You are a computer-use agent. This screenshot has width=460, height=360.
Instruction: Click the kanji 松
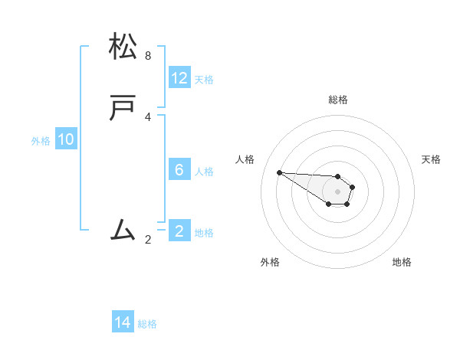click(x=123, y=47)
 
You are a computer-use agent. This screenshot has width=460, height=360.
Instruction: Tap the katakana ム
click(x=123, y=230)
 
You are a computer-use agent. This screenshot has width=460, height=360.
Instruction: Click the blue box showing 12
click(x=179, y=78)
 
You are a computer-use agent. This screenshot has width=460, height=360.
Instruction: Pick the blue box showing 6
click(x=179, y=170)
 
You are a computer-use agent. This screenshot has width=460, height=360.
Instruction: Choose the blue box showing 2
click(x=179, y=231)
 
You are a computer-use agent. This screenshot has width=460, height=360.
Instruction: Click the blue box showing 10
click(x=66, y=139)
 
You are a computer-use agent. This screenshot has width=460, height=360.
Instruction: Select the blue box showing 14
click(x=123, y=322)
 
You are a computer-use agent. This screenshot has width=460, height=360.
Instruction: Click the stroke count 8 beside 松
click(x=148, y=56)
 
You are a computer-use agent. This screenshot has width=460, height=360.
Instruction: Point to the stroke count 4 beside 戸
click(x=148, y=117)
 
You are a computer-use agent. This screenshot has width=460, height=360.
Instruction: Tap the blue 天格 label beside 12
click(x=204, y=80)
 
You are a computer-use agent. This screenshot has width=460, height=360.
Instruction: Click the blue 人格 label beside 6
click(x=204, y=172)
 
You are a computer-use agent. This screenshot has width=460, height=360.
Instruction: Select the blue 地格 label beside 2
click(x=204, y=233)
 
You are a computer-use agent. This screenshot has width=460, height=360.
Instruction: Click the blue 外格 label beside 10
click(x=41, y=141)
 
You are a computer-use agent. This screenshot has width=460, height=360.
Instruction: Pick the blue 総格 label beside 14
click(x=147, y=324)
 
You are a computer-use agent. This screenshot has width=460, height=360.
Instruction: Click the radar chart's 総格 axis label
click(x=337, y=100)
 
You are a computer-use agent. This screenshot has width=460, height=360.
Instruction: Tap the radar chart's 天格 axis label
click(x=431, y=159)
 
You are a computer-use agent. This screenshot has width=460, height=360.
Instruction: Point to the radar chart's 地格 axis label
click(x=402, y=262)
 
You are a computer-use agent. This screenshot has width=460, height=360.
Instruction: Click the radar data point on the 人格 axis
click(x=279, y=172)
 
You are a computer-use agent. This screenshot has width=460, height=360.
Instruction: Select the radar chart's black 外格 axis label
click(x=270, y=262)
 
